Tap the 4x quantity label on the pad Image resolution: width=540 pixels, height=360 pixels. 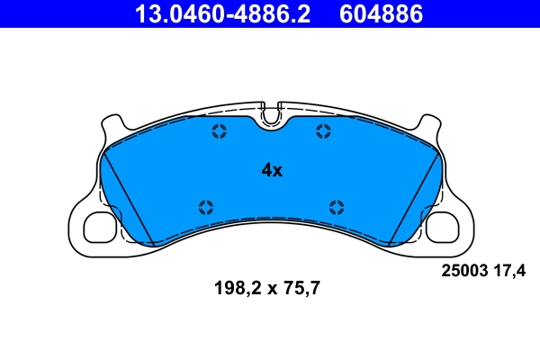(x=272, y=170)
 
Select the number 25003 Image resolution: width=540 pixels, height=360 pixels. (x=462, y=268)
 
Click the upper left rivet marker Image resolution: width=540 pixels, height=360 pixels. (x=219, y=132)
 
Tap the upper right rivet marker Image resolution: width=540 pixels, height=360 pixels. (x=323, y=132)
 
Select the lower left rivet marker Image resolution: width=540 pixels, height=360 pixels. (x=205, y=206)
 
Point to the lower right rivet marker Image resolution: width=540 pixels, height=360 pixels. (x=337, y=206)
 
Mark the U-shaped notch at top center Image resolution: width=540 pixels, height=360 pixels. (x=271, y=115)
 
